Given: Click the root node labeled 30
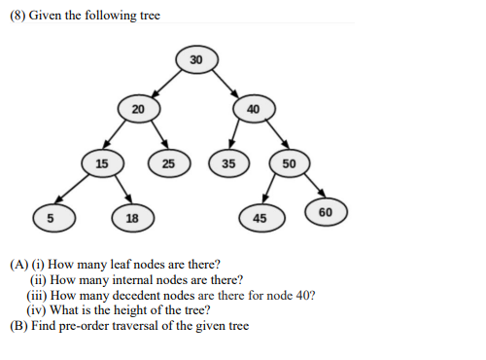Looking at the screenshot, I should click(x=196, y=60).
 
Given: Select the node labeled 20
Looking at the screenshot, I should click(x=138, y=108).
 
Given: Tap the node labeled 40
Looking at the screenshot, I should click(x=253, y=108).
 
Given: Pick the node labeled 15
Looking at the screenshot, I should click(x=101, y=162).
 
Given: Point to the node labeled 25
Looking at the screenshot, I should click(x=168, y=162).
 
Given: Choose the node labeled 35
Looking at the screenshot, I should click(x=228, y=162).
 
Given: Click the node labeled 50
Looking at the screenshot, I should click(x=289, y=162).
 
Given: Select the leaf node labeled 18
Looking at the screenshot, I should click(x=131, y=216).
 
